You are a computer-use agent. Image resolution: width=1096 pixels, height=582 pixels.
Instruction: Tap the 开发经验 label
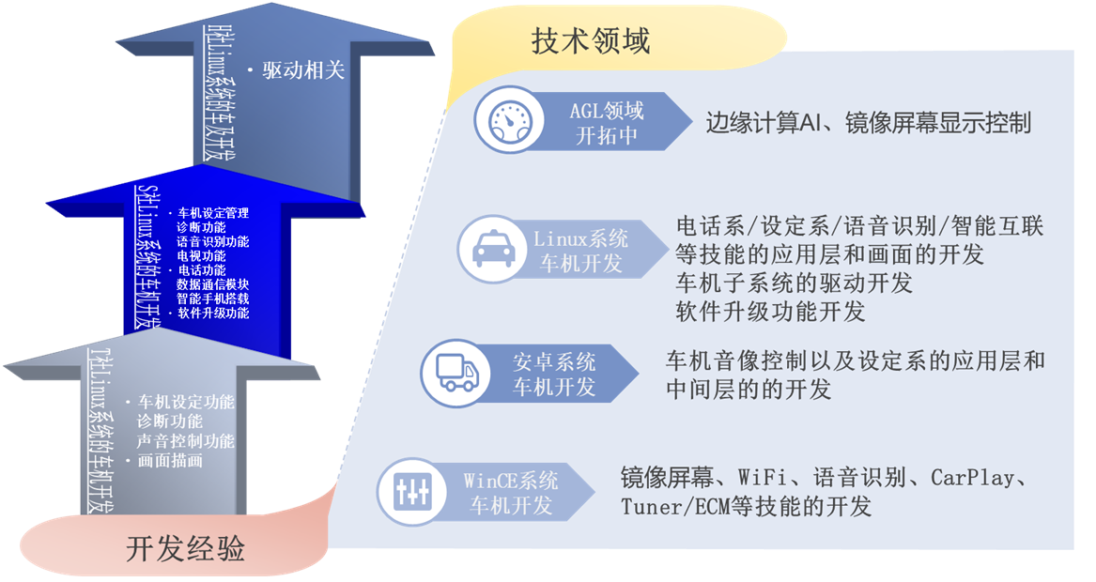[x=185, y=548]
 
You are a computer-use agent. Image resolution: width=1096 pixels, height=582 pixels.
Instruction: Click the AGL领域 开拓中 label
[x=607, y=122]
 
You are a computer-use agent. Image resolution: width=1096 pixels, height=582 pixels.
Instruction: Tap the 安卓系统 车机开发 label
[x=554, y=373]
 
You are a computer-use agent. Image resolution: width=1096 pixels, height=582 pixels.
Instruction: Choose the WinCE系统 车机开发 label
[x=512, y=493]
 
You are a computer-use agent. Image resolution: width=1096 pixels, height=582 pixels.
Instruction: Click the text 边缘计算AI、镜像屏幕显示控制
[x=868, y=123]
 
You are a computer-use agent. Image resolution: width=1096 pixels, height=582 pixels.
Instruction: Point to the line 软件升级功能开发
[x=770, y=311]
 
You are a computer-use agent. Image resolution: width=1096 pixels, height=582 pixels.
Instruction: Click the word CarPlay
[x=972, y=478]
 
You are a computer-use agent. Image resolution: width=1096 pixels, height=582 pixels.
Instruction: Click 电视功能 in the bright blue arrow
[x=201, y=255]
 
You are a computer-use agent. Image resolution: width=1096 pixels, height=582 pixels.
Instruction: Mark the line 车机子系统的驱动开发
[x=794, y=282]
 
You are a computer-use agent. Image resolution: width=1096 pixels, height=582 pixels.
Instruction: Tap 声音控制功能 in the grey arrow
[x=186, y=441]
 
